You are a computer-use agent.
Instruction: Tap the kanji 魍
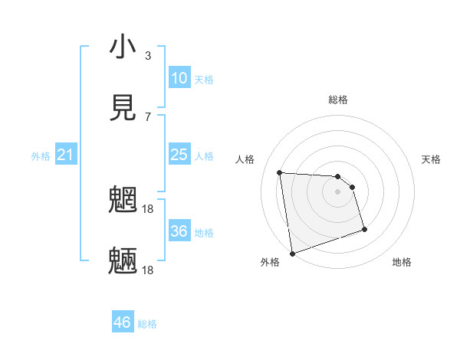tap(123, 199)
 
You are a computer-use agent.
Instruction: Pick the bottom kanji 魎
tap(123, 260)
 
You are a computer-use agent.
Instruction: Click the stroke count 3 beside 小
tap(147, 56)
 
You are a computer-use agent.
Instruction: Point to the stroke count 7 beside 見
tap(147, 116)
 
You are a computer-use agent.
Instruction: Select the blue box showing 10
tap(179, 78)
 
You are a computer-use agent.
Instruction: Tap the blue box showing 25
tap(179, 155)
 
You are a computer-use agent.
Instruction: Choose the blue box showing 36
tap(179, 231)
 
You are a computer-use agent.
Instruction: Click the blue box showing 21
tap(66, 155)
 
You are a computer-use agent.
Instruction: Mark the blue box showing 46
tap(123, 322)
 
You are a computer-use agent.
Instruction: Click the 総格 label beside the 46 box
tap(147, 324)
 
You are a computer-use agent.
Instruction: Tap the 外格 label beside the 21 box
tap(41, 156)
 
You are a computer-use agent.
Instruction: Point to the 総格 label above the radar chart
tap(338, 100)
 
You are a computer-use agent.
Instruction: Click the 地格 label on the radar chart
tap(402, 262)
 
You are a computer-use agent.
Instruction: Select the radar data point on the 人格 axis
tap(280, 172)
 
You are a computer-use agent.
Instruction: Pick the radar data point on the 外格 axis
tap(292, 253)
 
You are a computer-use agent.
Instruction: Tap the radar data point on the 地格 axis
tap(364, 229)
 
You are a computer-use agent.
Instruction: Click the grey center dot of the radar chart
tap(338, 191)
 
